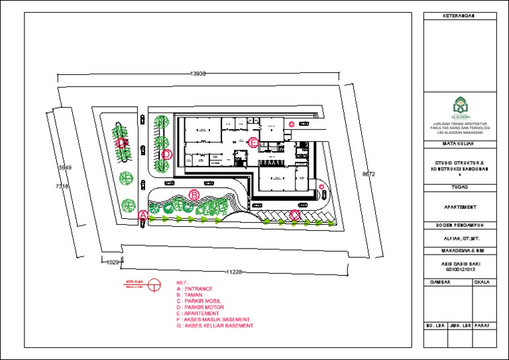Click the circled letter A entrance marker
[x=142, y=215]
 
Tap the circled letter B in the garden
[x=194, y=194]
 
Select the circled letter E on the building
[x=253, y=142]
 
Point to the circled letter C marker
[x=295, y=215]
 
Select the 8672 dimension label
[x=368, y=174]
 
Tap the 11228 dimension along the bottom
[x=233, y=272]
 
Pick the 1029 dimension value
[x=113, y=263]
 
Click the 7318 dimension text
[x=62, y=187]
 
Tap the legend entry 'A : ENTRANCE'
[x=195, y=290]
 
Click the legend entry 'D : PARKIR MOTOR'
[x=200, y=308]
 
